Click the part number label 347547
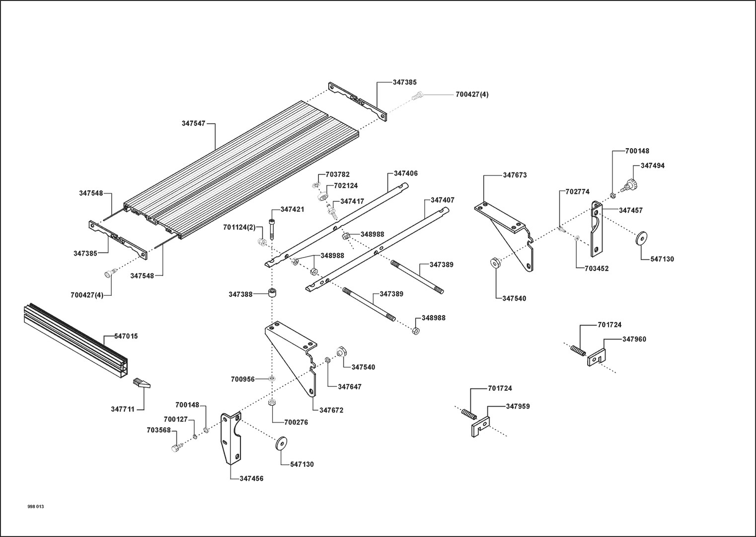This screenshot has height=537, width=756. point(193,123)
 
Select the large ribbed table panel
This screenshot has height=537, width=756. point(241,170)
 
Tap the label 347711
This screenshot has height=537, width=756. point(123,409)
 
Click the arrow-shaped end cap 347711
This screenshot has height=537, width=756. point(142,383)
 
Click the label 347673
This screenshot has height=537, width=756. point(515,175)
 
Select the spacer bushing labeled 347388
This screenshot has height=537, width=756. point(272,292)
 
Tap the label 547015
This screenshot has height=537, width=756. point(126,336)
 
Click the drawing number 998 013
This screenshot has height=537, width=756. point(36,507)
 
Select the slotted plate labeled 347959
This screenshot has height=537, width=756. point(481,427)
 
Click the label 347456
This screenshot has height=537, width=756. point(251,478)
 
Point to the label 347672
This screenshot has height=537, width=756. point(331,410)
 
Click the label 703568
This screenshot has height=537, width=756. point(158,430)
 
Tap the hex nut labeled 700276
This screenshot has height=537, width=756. point(272,402)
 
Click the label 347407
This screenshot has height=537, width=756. point(443,200)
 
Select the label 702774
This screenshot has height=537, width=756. point(578,191)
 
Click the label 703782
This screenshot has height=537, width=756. point(337,175)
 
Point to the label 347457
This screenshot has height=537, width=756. point(631,210)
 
